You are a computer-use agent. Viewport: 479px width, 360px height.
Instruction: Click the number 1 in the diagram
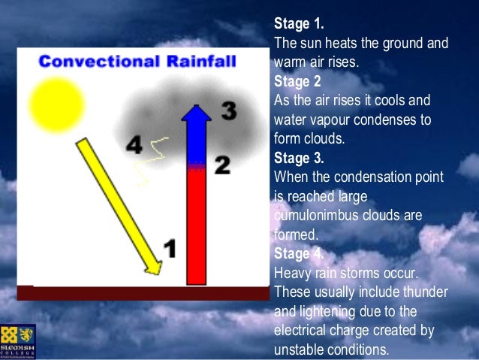click(x=170, y=248)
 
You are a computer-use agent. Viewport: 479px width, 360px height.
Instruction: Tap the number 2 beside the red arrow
click(x=222, y=165)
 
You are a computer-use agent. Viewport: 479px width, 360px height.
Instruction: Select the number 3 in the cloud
click(x=228, y=112)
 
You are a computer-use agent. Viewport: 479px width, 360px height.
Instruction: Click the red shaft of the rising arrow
click(x=196, y=225)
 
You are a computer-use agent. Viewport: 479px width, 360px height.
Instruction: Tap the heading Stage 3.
click(x=299, y=158)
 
